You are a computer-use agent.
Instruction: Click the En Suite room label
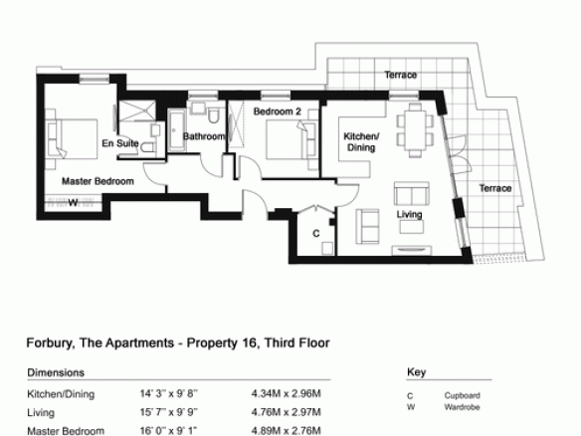click(x=120, y=143)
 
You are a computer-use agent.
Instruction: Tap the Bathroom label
click(x=204, y=136)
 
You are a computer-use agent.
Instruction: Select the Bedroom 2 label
click(x=278, y=111)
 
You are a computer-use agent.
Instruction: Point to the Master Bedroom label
click(x=97, y=181)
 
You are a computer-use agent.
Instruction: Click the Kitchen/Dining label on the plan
click(x=361, y=141)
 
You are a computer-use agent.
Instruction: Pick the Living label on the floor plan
click(x=410, y=214)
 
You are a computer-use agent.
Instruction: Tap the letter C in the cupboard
click(x=316, y=234)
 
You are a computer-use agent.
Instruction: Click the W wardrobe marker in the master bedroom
click(x=74, y=203)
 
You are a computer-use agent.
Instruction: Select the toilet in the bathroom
click(x=213, y=115)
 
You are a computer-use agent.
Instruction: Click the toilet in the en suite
click(x=148, y=148)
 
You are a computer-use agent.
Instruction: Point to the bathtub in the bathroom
click(x=176, y=130)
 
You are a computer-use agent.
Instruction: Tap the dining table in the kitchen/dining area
click(x=415, y=130)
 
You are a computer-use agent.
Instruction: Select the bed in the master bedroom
click(x=72, y=139)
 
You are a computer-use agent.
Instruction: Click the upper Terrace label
click(x=401, y=75)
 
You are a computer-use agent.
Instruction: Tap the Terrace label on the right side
click(x=495, y=188)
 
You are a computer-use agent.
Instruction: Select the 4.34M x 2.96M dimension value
click(x=287, y=393)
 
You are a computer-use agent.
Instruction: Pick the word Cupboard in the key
click(x=462, y=395)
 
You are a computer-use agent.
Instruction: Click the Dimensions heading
click(x=56, y=372)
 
